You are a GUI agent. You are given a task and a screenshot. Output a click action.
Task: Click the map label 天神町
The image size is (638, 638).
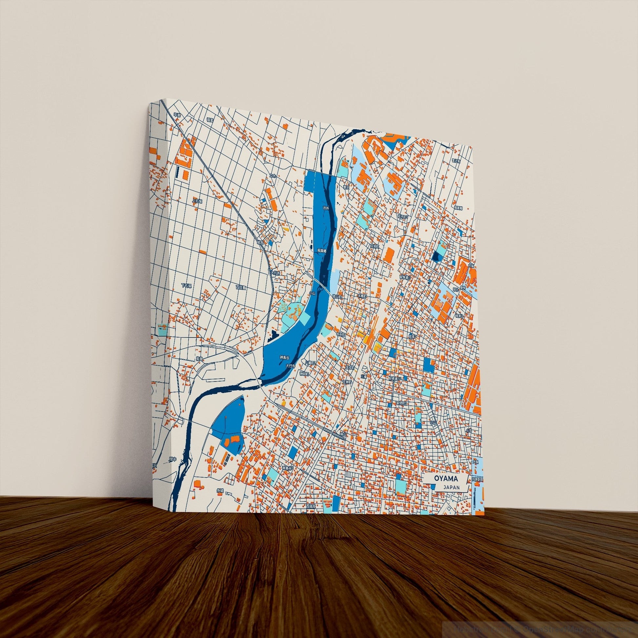(x=346, y=382)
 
